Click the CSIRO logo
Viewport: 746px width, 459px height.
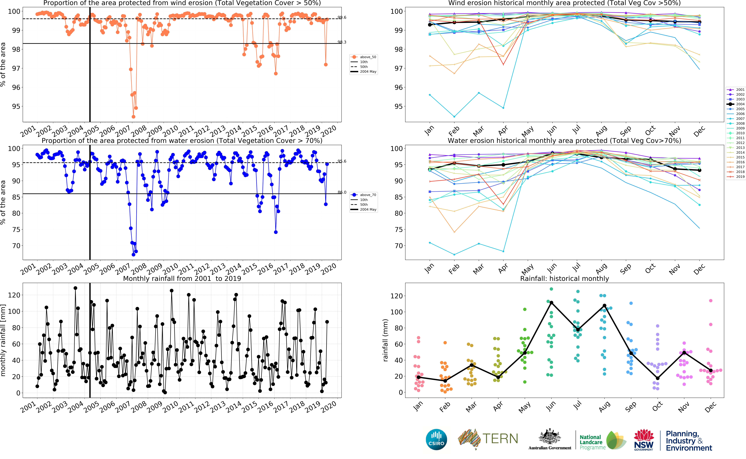click(436, 439)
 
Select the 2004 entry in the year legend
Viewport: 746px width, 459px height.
click(740, 104)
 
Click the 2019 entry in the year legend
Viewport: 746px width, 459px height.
click(740, 177)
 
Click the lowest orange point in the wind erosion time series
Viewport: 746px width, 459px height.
click(133, 117)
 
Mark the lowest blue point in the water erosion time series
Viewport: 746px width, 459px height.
click(133, 254)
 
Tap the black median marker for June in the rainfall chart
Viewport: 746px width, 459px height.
click(551, 303)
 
